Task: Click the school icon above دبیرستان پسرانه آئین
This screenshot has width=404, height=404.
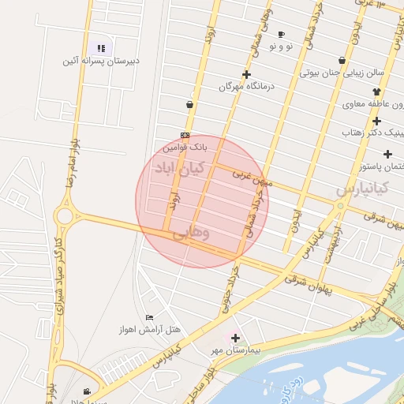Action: tap(101, 48)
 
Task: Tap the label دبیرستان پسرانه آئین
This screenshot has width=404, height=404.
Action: tap(102, 60)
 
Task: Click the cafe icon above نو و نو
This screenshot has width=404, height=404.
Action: tap(282, 34)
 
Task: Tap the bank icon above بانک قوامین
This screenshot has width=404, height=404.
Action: tap(185, 135)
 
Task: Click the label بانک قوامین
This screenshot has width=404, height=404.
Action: tap(185, 147)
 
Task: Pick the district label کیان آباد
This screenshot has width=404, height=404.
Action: tap(178, 168)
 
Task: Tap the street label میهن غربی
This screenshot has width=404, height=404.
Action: tap(252, 178)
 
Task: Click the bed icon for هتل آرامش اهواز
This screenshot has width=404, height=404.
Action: tap(149, 317)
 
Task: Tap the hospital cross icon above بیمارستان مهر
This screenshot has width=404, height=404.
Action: tap(235, 337)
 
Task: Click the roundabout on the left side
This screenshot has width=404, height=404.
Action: tap(63, 215)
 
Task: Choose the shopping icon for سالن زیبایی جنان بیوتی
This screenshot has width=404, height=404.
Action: tap(341, 60)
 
